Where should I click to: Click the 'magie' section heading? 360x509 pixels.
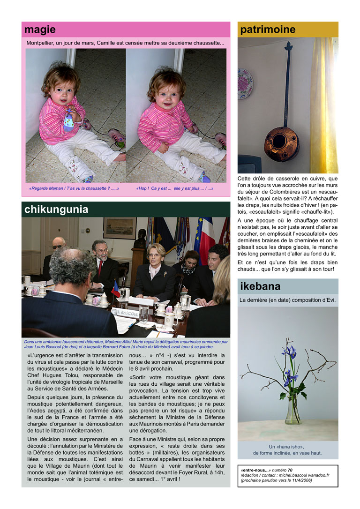coord(40,30)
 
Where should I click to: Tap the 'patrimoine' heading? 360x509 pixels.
coord(268,30)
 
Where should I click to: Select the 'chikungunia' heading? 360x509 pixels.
coord(56,210)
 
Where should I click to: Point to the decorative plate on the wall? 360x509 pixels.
coord(245,83)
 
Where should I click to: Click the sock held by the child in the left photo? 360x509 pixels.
coord(69,120)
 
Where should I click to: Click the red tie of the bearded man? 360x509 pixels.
coord(100,268)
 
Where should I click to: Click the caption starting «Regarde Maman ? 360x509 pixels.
coord(74,188)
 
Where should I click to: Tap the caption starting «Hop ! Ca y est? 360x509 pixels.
coord(174,188)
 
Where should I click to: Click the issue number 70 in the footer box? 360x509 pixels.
coord(290,470)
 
